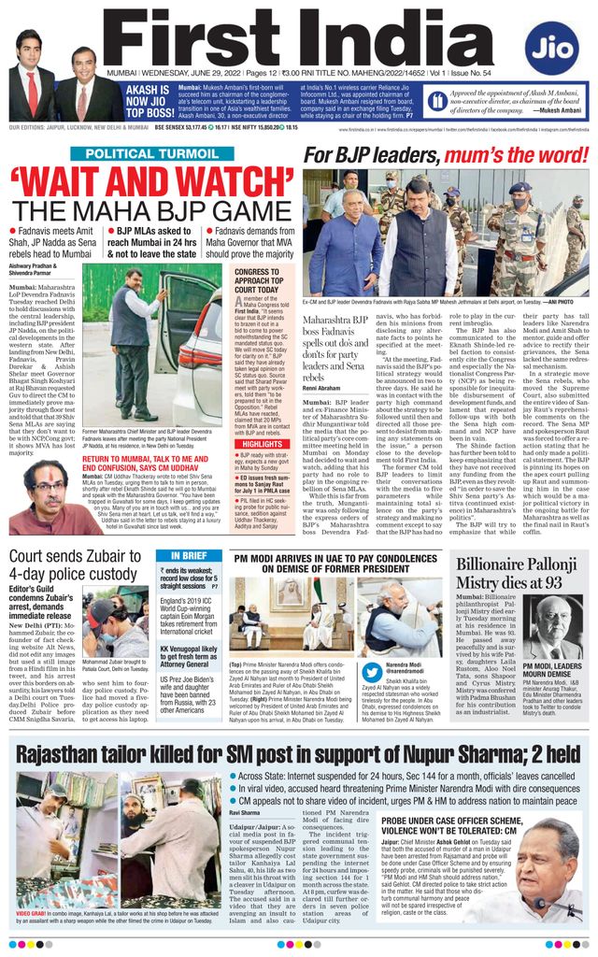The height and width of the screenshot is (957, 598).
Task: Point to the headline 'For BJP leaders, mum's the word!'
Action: tap(445, 154)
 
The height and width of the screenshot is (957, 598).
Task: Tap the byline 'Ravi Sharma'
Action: tap(245, 813)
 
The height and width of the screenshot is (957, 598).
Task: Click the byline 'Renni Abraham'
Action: tap(321, 388)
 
